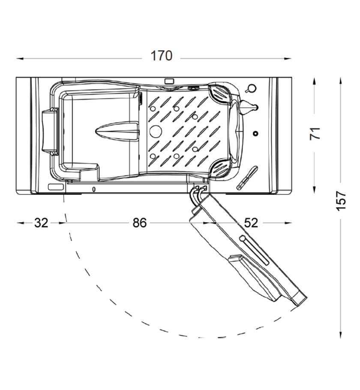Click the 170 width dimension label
coord(162,56)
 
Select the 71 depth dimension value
coord(315,133)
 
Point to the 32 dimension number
coord(41,223)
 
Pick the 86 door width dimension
coord(139,223)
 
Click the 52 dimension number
coord(251,223)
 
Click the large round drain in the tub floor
coord(156,131)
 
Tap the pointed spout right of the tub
coord(249,107)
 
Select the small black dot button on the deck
coord(255,133)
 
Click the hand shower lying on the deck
coord(247,178)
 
